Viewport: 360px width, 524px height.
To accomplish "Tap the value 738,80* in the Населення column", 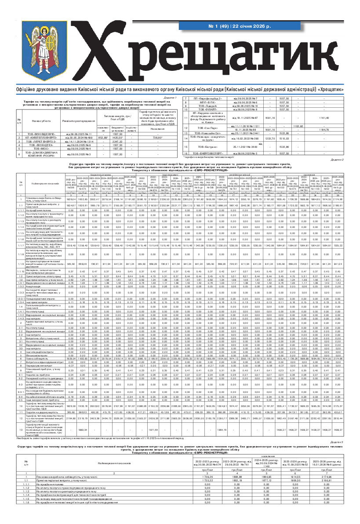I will (157, 137).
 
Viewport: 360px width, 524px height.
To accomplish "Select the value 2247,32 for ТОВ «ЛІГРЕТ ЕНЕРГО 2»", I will (117, 141).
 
